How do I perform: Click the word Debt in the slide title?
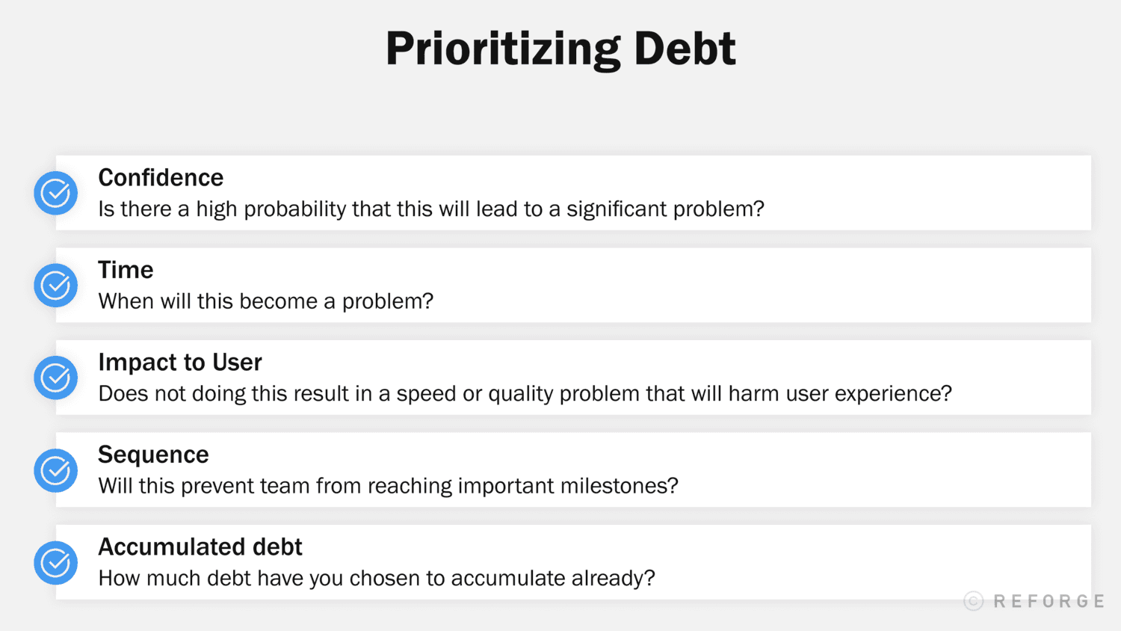click(685, 49)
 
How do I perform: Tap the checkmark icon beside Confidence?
click(56, 193)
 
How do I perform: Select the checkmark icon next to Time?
click(56, 285)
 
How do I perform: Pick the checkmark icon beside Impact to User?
click(56, 378)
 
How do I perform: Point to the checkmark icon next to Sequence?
click(56, 470)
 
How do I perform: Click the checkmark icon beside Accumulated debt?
click(56, 562)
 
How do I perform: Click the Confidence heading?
click(161, 178)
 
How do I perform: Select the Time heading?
click(126, 270)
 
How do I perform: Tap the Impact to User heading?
click(180, 363)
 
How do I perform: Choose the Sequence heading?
click(153, 455)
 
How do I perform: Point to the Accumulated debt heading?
click(200, 547)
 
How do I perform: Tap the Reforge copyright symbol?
click(973, 601)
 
